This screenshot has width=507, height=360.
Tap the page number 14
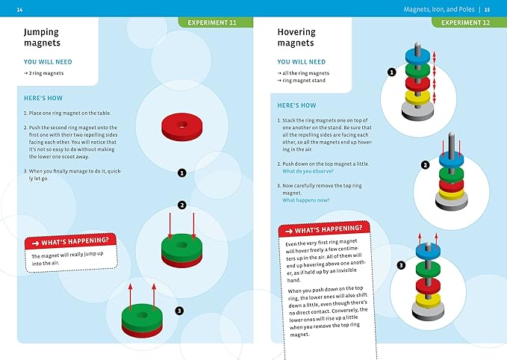[x=19, y=9]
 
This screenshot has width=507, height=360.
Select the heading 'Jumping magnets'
[x=41, y=38]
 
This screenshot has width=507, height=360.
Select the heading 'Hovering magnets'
[x=296, y=38]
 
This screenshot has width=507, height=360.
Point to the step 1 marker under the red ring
[x=181, y=173]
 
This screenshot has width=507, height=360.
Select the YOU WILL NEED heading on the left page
[x=48, y=62]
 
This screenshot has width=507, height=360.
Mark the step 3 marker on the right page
[x=400, y=265]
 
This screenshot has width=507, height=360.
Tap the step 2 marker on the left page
[x=181, y=205]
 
